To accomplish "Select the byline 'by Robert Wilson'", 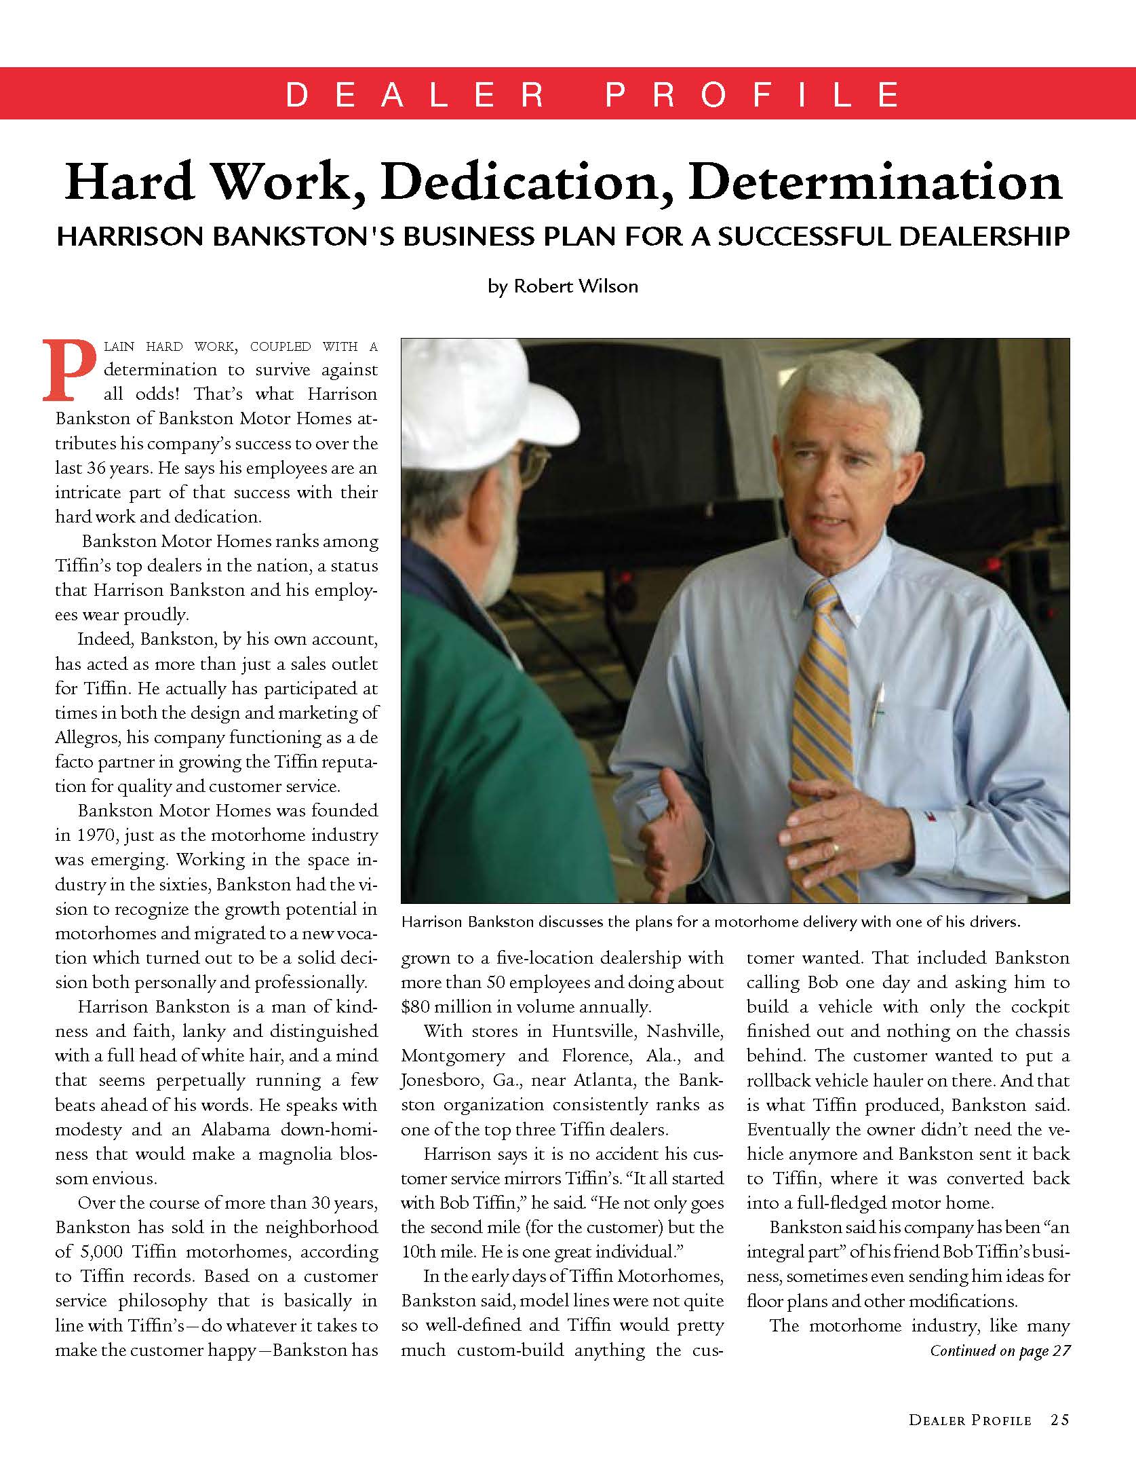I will tap(562, 286).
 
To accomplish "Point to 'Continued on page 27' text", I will tap(1000, 1350).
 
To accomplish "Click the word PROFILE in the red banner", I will tap(753, 95).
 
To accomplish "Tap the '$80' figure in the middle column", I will tap(415, 1006).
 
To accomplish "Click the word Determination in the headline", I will tap(879, 183).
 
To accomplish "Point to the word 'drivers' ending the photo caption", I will tap(996, 922).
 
